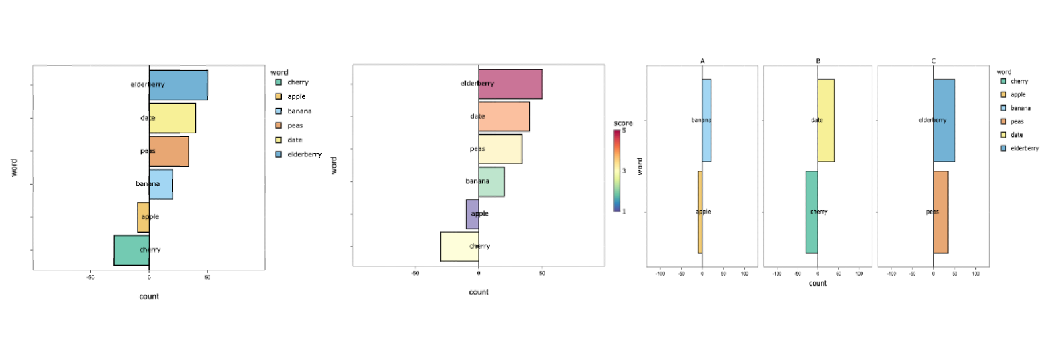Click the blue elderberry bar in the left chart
pyautogui.click(x=178, y=85)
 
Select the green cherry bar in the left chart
pyautogui.click(x=131, y=250)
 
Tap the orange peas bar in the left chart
pyautogui.click(x=169, y=151)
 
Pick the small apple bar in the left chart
pyautogui.click(x=143, y=217)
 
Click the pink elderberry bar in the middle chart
pyautogui.click(x=510, y=84)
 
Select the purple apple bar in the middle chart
pyautogui.click(x=472, y=214)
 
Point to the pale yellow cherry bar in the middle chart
pyautogui.click(x=459, y=246)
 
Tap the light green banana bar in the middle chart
pyautogui.click(x=491, y=181)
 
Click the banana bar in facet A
pyautogui.click(x=706, y=121)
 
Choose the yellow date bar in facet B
pyautogui.click(x=826, y=121)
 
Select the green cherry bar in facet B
pyautogui.click(x=812, y=212)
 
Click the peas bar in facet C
pyautogui.click(x=940, y=212)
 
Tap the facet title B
pyautogui.click(x=818, y=61)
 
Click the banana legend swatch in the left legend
pyautogui.click(x=278, y=111)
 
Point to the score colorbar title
pyautogui.click(x=623, y=123)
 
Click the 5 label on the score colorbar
pyautogui.click(x=624, y=131)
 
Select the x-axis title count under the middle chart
pyautogui.click(x=479, y=292)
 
